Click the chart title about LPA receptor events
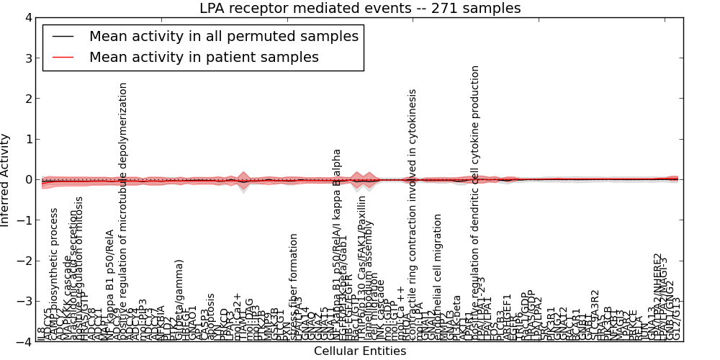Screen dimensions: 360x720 click(360, 9)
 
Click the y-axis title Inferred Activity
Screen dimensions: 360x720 click(6, 179)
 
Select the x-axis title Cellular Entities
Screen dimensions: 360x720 click(360, 351)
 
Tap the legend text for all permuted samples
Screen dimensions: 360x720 click(223, 36)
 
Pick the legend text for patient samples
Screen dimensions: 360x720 click(204, 58)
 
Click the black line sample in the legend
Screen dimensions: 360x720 click(63, 36)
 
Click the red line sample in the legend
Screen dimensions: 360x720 click(63, 58)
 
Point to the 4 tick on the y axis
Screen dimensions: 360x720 click(27, 18)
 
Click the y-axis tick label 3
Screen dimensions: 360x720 click(27, 58)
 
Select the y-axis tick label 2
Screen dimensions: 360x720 click(27, 99)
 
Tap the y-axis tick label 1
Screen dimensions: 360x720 click(27, 139)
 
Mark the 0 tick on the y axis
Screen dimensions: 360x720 click(27, 179)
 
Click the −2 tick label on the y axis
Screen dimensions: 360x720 click(24, 261)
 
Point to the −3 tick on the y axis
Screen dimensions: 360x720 click(24, 301)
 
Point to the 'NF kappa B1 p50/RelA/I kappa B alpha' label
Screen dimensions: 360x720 click(336, 245)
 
